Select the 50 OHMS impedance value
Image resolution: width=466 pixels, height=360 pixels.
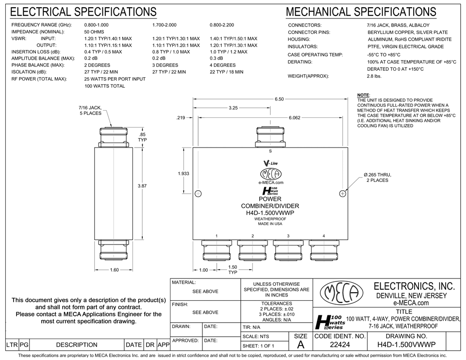coord(94,32)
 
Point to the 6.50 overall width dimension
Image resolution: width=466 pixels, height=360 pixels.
coord(279,99)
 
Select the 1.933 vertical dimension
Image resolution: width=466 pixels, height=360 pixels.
coord(183,173)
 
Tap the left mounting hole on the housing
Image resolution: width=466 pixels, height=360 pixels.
coord(198,194)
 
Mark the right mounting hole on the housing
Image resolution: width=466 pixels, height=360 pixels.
coord(343,194)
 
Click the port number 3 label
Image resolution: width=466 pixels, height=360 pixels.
coord(288,236)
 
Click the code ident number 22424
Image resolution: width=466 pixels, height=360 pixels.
coord(340,345)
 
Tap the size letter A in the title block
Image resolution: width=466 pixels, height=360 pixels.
coord(301,344)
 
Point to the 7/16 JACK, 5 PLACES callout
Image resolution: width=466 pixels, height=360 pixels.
coord(90,110)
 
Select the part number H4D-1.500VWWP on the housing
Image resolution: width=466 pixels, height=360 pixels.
coord(270,213)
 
